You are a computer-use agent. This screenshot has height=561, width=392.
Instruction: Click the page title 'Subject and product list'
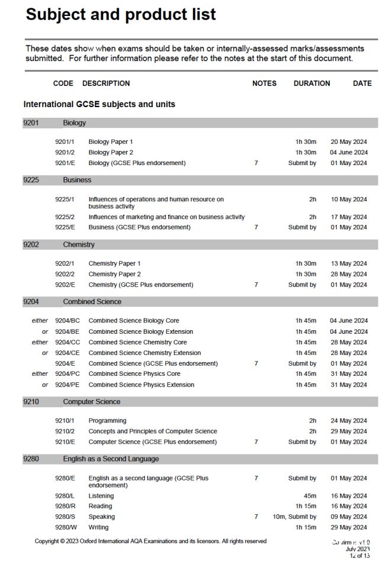tap(120, 14)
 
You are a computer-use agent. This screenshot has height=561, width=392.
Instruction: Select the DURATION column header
tap(311, 83)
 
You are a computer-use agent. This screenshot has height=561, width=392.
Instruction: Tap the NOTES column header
tap(264, 83)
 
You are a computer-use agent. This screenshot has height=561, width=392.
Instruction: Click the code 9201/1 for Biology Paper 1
tap(65, 142)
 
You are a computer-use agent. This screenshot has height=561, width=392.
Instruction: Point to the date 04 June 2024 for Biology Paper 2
tap(349, 153)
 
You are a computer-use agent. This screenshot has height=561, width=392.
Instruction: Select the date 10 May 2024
tap(349, 199)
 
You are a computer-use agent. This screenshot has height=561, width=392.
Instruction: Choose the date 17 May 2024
tap(349, 217)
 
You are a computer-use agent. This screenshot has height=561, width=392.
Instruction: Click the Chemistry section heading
tap(79, 244)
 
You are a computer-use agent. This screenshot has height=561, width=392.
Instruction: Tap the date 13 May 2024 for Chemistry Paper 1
tap(349, 263)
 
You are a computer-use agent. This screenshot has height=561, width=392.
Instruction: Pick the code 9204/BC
tap(68, 321)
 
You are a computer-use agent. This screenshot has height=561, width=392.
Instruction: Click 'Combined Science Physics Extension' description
tap(141, 385)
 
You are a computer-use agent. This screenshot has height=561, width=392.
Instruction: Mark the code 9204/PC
tap(68, 374)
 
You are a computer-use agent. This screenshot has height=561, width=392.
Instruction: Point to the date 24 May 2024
tap(349, 421)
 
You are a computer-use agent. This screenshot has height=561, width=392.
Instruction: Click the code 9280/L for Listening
tap(65, 496)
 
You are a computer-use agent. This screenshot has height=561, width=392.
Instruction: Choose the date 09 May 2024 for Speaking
tap(349, 517)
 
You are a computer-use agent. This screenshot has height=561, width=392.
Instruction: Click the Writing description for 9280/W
tap(98, 527)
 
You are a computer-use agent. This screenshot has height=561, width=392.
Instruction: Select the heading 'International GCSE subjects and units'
tap(99, 104)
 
